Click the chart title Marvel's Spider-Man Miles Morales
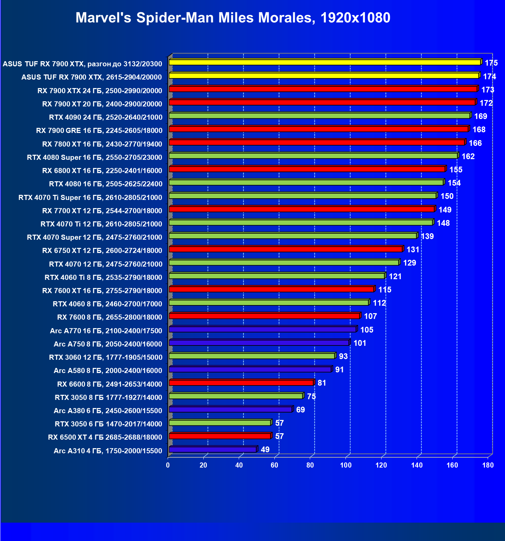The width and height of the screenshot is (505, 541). (233, 18)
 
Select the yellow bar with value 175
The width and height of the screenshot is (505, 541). (325, 62)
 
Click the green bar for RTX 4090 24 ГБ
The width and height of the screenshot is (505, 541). (320, 116)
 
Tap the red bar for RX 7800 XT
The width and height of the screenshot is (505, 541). (317, 142)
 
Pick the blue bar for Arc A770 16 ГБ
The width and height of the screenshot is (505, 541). (262, 329)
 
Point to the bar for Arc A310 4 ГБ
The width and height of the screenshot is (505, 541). (213, 450)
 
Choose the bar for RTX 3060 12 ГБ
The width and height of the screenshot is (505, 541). (252, 356)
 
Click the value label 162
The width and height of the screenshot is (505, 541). (468, 156)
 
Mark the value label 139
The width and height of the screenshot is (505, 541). (427, 236)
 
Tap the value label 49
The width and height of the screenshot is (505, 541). (265, 450)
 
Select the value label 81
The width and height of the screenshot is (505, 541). (322, 383)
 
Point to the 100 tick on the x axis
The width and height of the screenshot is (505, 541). (346, 465)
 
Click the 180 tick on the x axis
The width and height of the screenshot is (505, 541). (488, 465)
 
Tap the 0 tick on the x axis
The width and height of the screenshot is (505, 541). (168, 465)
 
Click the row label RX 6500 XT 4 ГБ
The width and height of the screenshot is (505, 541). (105, 437)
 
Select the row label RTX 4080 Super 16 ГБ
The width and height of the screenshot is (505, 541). (95, 157)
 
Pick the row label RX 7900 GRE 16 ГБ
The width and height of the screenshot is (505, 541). (99, 130)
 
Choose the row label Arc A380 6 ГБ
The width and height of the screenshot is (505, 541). (108, 411)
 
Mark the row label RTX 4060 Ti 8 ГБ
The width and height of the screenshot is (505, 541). (103, 277)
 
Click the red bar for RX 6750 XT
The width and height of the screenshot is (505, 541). (286, 249)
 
